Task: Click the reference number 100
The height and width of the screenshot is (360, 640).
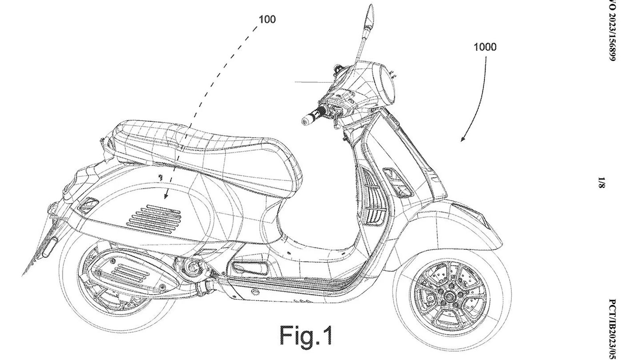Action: (267, 19)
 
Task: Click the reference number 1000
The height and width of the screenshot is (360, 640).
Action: (485, 47)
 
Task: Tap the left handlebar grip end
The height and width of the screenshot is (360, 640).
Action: (307, 118)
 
